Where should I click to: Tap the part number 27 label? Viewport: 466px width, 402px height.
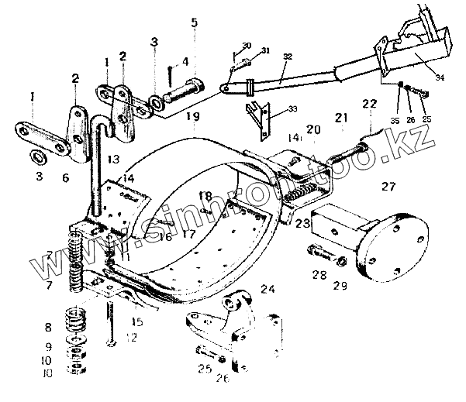point(387,186)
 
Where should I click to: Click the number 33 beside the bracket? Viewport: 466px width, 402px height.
point(271,111)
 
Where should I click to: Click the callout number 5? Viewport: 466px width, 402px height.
point(194,22)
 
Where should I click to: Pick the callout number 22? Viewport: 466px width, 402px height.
point(369,104)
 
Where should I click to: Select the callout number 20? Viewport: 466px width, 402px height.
point(312,129)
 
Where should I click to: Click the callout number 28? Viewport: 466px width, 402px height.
point(319,274)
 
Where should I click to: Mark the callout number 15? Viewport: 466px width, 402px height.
point(137,321)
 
